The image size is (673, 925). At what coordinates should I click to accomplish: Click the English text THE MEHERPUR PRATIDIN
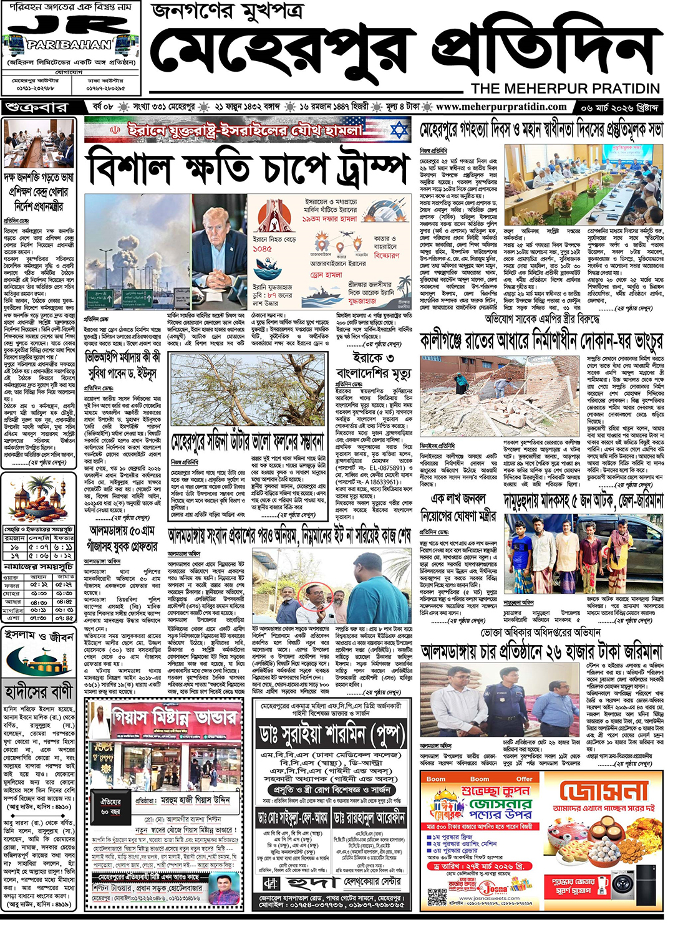[x=565, y=89]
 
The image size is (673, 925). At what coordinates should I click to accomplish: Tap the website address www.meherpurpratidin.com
[x=501, y=107]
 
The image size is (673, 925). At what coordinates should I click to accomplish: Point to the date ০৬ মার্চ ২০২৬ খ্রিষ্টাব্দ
[x=619, y=107]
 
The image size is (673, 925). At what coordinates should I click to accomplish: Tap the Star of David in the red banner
[x=399, y=130]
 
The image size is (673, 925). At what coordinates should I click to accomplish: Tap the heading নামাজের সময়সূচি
[x=38, y=567]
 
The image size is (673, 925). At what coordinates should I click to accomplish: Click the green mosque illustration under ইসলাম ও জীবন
[x=39, y=660]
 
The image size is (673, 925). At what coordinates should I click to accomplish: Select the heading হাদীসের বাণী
[x=39, y=692]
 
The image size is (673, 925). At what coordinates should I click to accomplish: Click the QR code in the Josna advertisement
[x=438, y=897]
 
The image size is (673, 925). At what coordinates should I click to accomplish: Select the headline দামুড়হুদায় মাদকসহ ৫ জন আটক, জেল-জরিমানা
[x=583, y=500]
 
